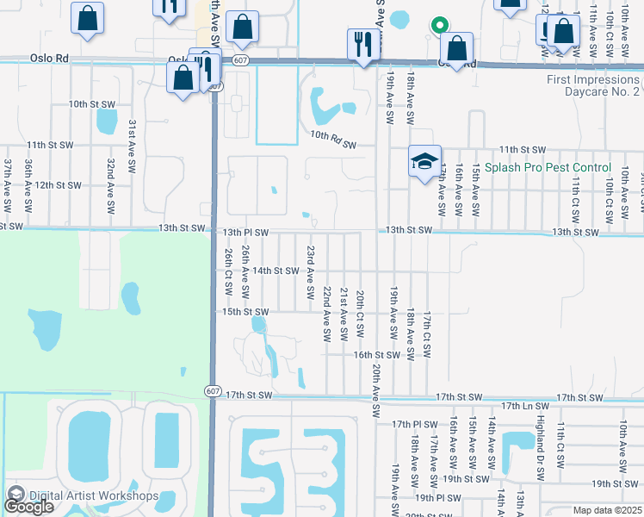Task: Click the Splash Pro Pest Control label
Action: pos(548,167)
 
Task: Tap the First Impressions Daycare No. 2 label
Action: pos(593,84)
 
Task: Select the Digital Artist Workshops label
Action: pos(94,495)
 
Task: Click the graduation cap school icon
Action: pos(424,161)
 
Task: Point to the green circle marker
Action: pos(439,25)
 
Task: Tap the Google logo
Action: pos(28,506)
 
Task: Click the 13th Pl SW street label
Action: pos(246,233)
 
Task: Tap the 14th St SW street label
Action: pos(275,271)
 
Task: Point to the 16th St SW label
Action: pos(377,354)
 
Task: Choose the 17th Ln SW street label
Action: pos(523,406)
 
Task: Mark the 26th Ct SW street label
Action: pos(228,271)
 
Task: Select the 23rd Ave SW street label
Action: pos(309,272)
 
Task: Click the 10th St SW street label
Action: pos(92,104)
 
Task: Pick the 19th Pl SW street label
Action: pos(437,498)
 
